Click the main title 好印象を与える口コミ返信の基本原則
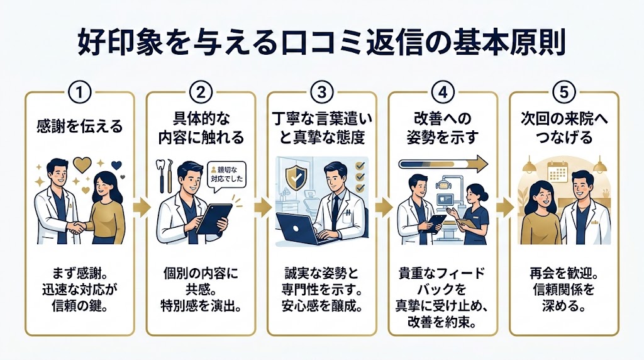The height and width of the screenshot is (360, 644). [x=322, y=45]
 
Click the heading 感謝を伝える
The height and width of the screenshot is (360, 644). [x=80, y=126]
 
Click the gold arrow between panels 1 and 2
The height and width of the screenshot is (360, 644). [x=140, y=207]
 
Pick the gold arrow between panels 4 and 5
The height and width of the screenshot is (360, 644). [x=502, y=207]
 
